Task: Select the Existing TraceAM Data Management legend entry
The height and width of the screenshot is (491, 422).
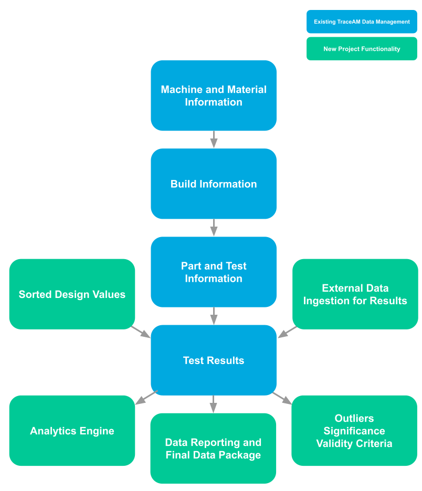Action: tap(362, 22)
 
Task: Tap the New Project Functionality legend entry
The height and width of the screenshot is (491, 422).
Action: tap(362, 49)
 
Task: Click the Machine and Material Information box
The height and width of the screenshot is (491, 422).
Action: tap(214, 95)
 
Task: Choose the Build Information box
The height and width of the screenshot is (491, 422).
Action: tap(214, 184)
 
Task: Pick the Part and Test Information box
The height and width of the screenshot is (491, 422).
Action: tap(214, 272)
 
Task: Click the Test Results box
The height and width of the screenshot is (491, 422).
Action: tap(214, 360)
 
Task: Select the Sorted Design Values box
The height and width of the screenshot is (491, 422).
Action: tap(72, 294)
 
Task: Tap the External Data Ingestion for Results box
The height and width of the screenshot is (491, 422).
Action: tap(355, 294)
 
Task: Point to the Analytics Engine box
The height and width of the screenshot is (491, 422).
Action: tap(72, 431)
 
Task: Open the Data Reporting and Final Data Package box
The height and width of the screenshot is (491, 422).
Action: tap(213, 448)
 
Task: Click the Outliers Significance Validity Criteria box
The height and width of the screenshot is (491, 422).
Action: tap(354, 431)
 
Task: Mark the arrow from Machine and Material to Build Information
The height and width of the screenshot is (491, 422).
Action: tap(214, 140)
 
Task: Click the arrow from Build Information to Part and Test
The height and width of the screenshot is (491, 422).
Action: tap(214, 228)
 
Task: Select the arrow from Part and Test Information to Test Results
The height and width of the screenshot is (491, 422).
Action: tap(214, 316)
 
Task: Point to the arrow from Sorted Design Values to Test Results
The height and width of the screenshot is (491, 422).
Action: tap(141, 332)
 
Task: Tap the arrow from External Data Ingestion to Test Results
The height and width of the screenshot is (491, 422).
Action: tap(287, 332)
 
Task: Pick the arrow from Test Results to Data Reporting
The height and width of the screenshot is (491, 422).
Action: tap(213, 404)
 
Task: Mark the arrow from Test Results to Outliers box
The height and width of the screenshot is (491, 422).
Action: tap(282, 398)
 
